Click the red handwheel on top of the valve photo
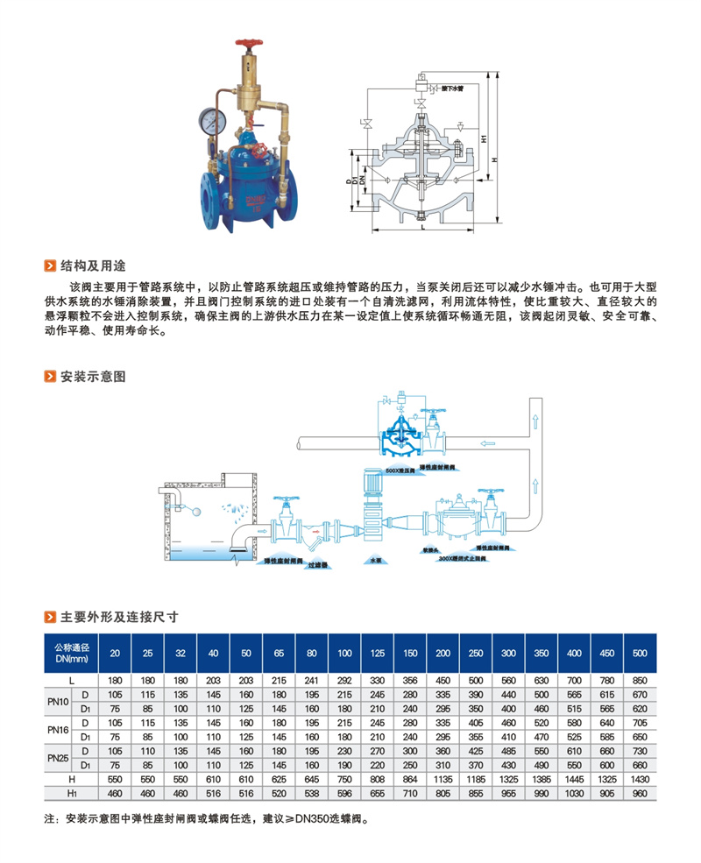(x=250, y=41)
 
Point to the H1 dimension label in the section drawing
(x=483, y=137)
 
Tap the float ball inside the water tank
(x=199, y=513)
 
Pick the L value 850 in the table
(x=641, y=680)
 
